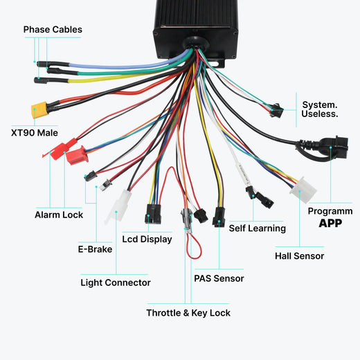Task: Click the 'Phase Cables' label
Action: [53, 30]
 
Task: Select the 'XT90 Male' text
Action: [35, 132]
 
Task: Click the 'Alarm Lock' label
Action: [59, 215]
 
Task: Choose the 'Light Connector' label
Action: [116, 282]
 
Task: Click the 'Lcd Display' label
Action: [147, 240]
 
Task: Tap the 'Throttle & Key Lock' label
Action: [188, 313]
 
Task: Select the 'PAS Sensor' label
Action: [219, 278]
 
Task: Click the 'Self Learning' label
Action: [257, 228]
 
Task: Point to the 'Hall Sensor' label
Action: [299, 256]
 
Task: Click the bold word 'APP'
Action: [331, 224]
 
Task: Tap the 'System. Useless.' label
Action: [320, 109]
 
